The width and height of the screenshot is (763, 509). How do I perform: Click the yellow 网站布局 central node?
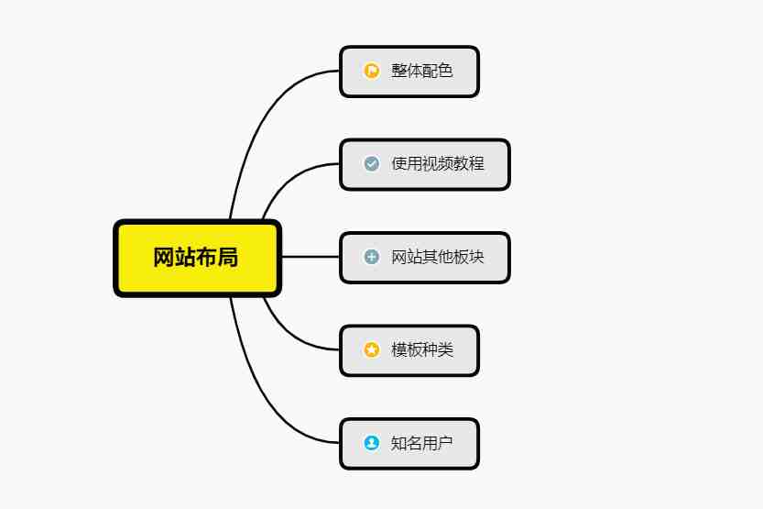click(197, 258)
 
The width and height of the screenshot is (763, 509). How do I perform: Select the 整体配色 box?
click(409, 72)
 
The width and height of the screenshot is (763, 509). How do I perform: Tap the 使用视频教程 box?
click(425, 165)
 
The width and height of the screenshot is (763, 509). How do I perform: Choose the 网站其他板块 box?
click(425, 258)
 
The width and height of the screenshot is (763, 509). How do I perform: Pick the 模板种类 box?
click(409, 350)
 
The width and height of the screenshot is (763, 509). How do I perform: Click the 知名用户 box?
click(409, 444)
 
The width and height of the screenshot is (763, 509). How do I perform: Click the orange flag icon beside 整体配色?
click(372, 71)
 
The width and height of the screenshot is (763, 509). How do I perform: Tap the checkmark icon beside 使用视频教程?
click(372, 163)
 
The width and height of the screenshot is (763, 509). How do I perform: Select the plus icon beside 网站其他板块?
click(372, 257)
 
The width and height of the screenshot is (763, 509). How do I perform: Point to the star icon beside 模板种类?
click(372, 349)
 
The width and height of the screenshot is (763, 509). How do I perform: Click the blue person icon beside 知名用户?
click(372, 443)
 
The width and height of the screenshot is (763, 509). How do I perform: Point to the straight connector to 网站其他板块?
click(311, 257)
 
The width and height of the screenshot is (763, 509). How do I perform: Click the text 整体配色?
click(422, 71)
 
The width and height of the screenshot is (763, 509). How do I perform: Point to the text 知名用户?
click(422, 443)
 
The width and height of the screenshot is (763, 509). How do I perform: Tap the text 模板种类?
click(422, 349)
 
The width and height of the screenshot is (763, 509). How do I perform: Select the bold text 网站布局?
click(196, 257)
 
